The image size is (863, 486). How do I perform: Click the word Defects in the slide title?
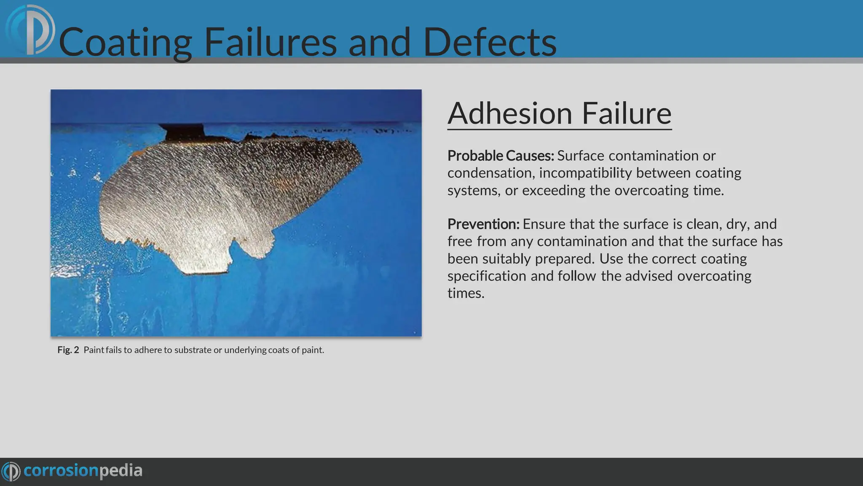pyautogui.click(x=490, y=42)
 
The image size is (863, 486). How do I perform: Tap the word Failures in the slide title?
pyautogui.click(x=270, y=42)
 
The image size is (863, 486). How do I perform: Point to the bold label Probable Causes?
pyautogui.click(x=501, y=156)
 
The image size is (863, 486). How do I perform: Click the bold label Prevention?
pyautogui.click(x=483, y=224)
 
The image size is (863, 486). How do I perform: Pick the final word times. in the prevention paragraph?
pyautogui.click(x=466, y=293)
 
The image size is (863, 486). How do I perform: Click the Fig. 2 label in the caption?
pyautogui.click(x=68, y=350)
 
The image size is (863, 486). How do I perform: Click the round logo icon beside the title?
pyautogui.click(x=30, y=30)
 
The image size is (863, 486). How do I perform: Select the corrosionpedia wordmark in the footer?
pyautogui.click(x=83, y=470)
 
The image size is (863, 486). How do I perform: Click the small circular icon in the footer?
pyautogui.click(x=11, y=471)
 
